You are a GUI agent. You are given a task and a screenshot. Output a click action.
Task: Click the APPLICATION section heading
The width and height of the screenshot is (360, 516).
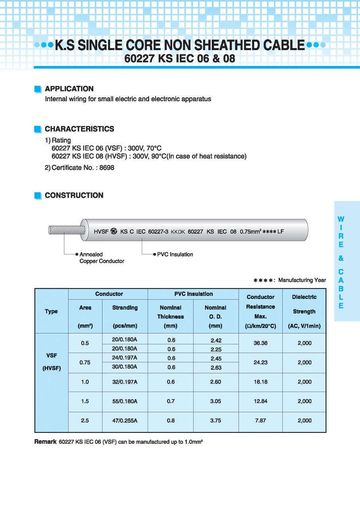pos(69,89)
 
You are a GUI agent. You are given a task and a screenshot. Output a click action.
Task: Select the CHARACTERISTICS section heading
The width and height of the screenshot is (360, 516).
pos(79,129)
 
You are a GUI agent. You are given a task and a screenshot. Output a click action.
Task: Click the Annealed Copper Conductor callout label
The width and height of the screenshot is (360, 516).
pos(102,258)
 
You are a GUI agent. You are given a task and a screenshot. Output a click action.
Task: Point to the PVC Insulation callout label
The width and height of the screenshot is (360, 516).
pos(175,254)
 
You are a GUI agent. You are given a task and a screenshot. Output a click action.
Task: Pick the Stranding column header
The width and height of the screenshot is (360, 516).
pos(125,307)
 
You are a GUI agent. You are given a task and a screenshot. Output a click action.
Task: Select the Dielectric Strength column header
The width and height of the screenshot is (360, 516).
pos(304,311)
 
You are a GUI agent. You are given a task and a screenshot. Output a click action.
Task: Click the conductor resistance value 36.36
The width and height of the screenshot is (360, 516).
pos(260,343)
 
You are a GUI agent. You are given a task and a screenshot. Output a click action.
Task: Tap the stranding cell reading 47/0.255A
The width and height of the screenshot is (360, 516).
pos(125,421)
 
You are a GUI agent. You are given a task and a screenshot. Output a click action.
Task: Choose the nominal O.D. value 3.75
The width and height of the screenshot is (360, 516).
pos(215,421)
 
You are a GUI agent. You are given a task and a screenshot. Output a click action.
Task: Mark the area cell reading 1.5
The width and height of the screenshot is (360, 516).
pos(85,401)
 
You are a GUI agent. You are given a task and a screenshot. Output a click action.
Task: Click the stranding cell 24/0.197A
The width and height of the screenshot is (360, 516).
pos(125,358)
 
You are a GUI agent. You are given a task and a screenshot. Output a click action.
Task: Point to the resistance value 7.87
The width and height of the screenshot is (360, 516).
pos(260,421)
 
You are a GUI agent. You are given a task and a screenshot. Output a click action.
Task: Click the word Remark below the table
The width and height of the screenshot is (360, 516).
pos(45,442)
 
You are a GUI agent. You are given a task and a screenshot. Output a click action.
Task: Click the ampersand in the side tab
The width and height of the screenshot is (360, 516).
pos(341,258)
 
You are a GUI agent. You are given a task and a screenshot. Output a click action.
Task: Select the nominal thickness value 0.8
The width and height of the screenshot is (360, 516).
pos(170,421)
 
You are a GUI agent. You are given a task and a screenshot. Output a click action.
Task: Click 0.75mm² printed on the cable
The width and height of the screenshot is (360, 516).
pos(250,232)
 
